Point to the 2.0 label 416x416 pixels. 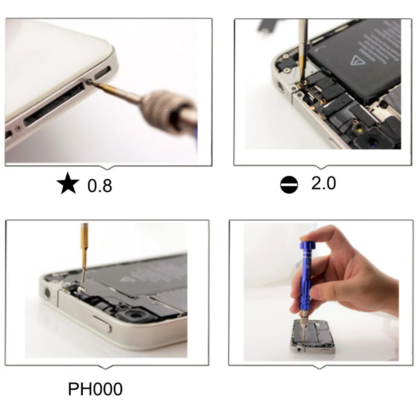[323, 183]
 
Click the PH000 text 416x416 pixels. [95, 389]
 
